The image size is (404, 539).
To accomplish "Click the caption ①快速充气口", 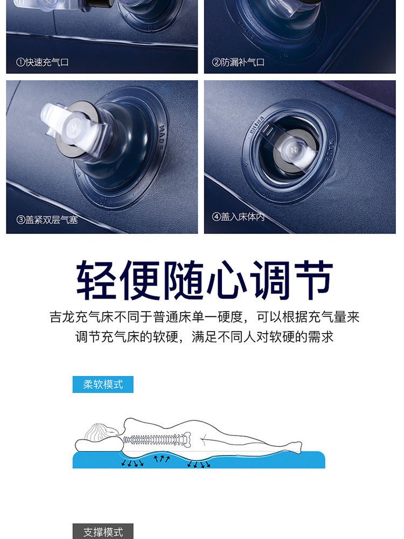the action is (x=42, y=62).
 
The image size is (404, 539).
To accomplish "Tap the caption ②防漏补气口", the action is (x=238, y=62).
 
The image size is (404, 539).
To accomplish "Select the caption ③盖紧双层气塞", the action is (x=47, y=219).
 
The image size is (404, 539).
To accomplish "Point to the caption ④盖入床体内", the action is (x=238, y=217).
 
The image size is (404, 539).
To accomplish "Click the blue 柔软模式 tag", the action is (x=103, y=384).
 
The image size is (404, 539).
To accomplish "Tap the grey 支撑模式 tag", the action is (x=103, y=531).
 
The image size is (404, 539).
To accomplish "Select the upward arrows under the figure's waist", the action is (x=162, y=459).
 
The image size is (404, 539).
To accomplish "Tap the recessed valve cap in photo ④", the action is (x=294, y=151).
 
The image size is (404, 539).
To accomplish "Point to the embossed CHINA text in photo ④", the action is (x=257, y=125).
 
